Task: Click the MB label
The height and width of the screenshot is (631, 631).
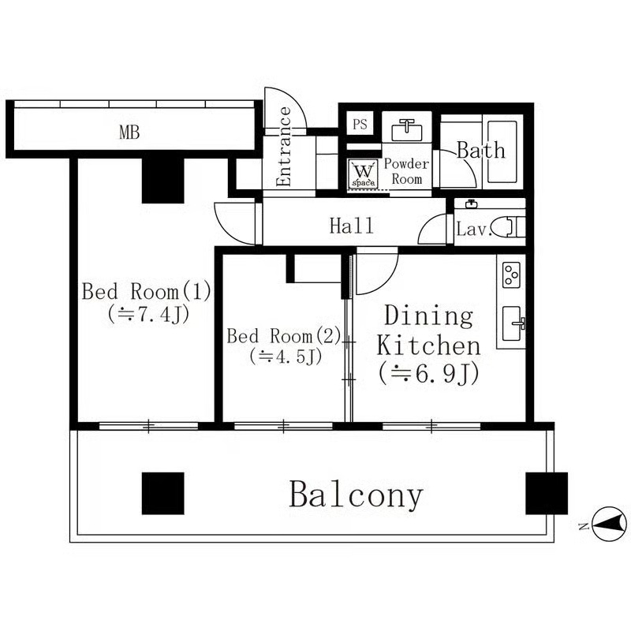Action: (129, 133)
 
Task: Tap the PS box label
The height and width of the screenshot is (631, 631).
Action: (360, 124)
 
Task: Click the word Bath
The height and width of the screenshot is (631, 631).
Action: (480, 150)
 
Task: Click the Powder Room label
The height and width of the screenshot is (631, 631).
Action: (406, 171)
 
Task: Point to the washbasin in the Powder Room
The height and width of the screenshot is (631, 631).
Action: (406, 127)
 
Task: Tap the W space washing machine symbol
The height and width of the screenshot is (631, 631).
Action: (364, 172)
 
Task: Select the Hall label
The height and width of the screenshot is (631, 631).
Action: (351, 227)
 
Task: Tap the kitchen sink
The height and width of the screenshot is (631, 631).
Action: (513, 322)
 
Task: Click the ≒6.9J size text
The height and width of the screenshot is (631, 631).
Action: (428, 375)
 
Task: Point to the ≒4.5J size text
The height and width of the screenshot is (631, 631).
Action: (285, 357)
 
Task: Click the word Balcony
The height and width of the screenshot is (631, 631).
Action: (356, 495)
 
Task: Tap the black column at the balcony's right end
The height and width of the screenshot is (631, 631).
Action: (546, 493)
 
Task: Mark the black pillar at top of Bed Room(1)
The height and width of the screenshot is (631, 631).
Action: (163, 179)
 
